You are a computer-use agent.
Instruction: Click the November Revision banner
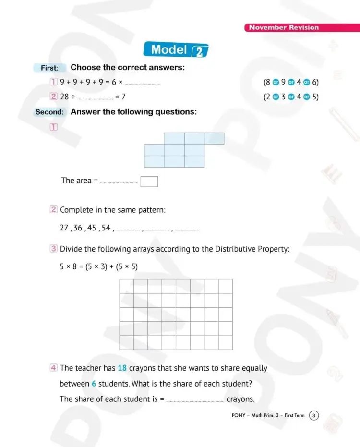(x=284, y=27)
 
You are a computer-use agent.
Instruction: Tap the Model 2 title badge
(x=176, y=50)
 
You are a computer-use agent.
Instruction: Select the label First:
(x=49, y=68)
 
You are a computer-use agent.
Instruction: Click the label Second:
(x=49, y=112)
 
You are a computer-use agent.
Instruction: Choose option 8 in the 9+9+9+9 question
(x=267, y=82)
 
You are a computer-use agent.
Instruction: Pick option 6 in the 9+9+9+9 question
(x=315, y=82)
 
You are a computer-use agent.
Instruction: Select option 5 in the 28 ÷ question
(x=315, y=97)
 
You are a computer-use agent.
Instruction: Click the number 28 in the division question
(x=64, y=97)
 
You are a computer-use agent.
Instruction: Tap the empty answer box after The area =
(x=149, y=181)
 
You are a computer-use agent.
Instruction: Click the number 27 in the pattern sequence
(x=64, y=228)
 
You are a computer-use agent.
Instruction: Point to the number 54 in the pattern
(x=106, y=228)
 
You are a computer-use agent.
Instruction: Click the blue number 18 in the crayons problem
(x=122, y=368)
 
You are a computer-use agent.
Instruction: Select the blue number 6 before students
(x=94, y=384)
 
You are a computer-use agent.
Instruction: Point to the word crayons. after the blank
(x=240, y=399)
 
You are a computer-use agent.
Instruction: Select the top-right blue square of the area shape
(x=215, y=138)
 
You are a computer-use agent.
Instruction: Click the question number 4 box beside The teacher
(x=54, y=368)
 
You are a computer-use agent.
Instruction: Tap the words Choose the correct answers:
(x=128, y=68)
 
